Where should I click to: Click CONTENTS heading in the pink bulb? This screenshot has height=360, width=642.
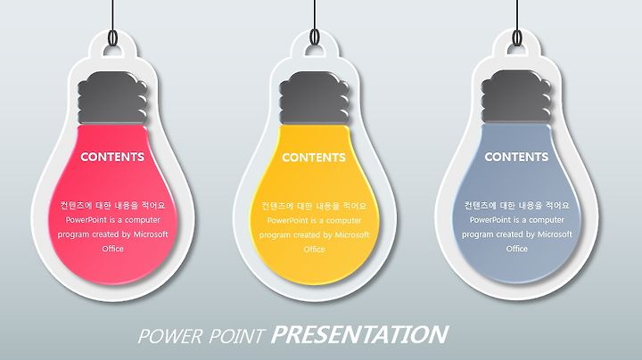[112, 157]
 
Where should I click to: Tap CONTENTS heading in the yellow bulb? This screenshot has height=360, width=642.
[314, 157]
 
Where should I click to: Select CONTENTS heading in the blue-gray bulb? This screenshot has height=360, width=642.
[516, 157]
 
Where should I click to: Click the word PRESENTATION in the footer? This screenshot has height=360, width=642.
[359, 335]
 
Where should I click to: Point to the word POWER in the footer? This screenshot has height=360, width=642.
[170, 336]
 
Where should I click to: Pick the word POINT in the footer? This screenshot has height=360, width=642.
[236, 336]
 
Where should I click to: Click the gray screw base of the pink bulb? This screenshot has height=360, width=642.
[112, 98]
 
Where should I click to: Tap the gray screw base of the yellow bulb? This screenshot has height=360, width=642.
[314, 98]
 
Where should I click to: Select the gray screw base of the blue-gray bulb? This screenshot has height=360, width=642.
[516, 97]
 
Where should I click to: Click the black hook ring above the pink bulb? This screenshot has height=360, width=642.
[113, 37]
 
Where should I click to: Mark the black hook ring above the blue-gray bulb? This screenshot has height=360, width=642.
[517, 37]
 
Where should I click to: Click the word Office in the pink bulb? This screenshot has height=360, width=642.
[112, 249]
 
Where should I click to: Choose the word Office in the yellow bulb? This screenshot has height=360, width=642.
[315, 250]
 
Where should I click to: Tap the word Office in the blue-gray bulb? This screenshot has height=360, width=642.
[516, 249]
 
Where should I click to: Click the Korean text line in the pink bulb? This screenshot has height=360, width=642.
[112, 205]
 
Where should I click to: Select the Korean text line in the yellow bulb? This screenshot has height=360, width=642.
[315, 206]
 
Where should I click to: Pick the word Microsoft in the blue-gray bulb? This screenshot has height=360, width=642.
[555, 234]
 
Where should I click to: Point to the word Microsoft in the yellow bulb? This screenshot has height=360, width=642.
[352, 235]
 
